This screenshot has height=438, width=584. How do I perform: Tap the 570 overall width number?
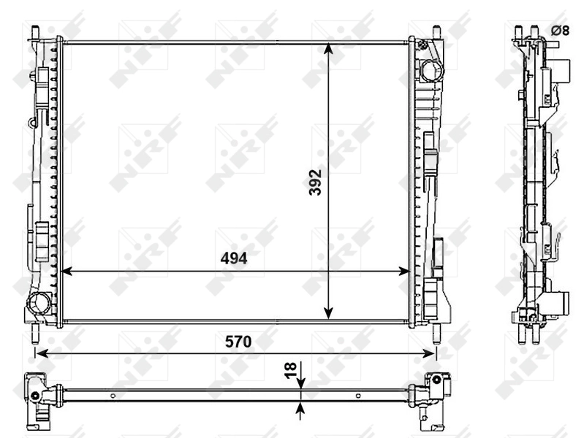tap(238, 341)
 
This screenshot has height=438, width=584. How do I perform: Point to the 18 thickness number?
tap(289, 371)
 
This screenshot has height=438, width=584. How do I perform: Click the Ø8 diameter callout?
tap(560, 30)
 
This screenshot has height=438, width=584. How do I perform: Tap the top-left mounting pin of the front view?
tap(35, 32)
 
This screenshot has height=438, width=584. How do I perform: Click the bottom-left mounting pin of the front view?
tap(35, 334)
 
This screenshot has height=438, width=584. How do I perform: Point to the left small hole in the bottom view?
tap(113, 396)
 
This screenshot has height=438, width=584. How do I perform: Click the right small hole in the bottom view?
tap(357, 396)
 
